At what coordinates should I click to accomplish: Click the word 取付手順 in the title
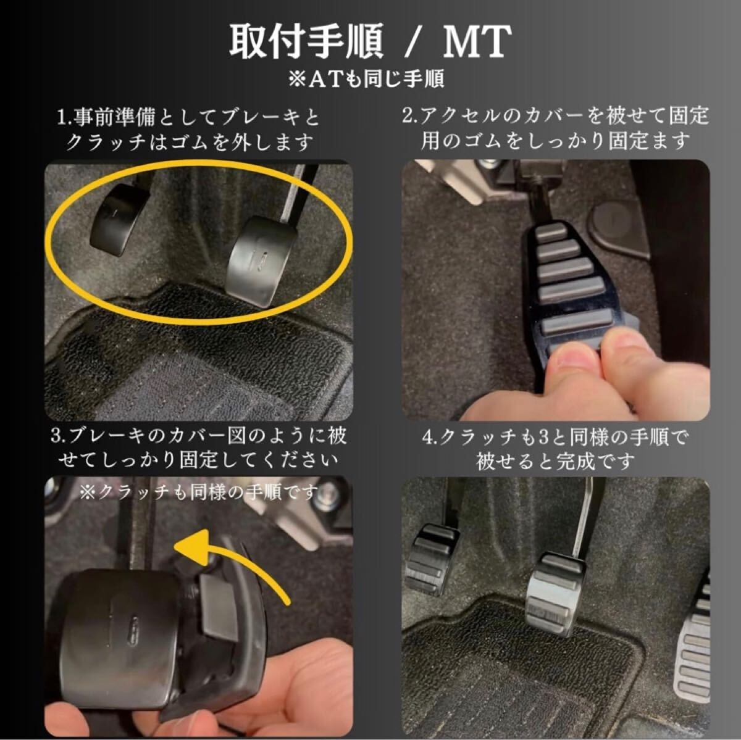(x=306, y=42)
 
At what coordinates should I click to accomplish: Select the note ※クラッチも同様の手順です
(x=198, y=492)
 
